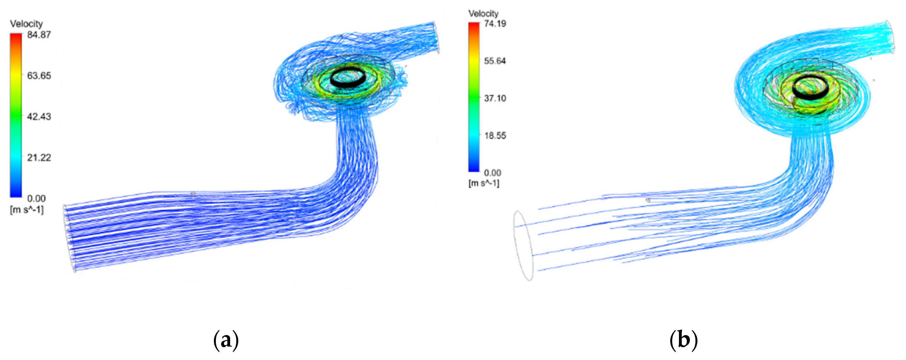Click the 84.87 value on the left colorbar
tap(39, 35)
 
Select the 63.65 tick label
tap(39, 75)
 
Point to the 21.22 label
tap(39, 158)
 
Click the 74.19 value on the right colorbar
tap(495, 23)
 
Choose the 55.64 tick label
tap(495, 61)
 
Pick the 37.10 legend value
tap(495, 98)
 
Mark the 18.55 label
tap(495, 135)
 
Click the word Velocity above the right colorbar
tap(483, 13)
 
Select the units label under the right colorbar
tap(483, 183)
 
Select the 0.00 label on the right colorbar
tap(492, 173)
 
